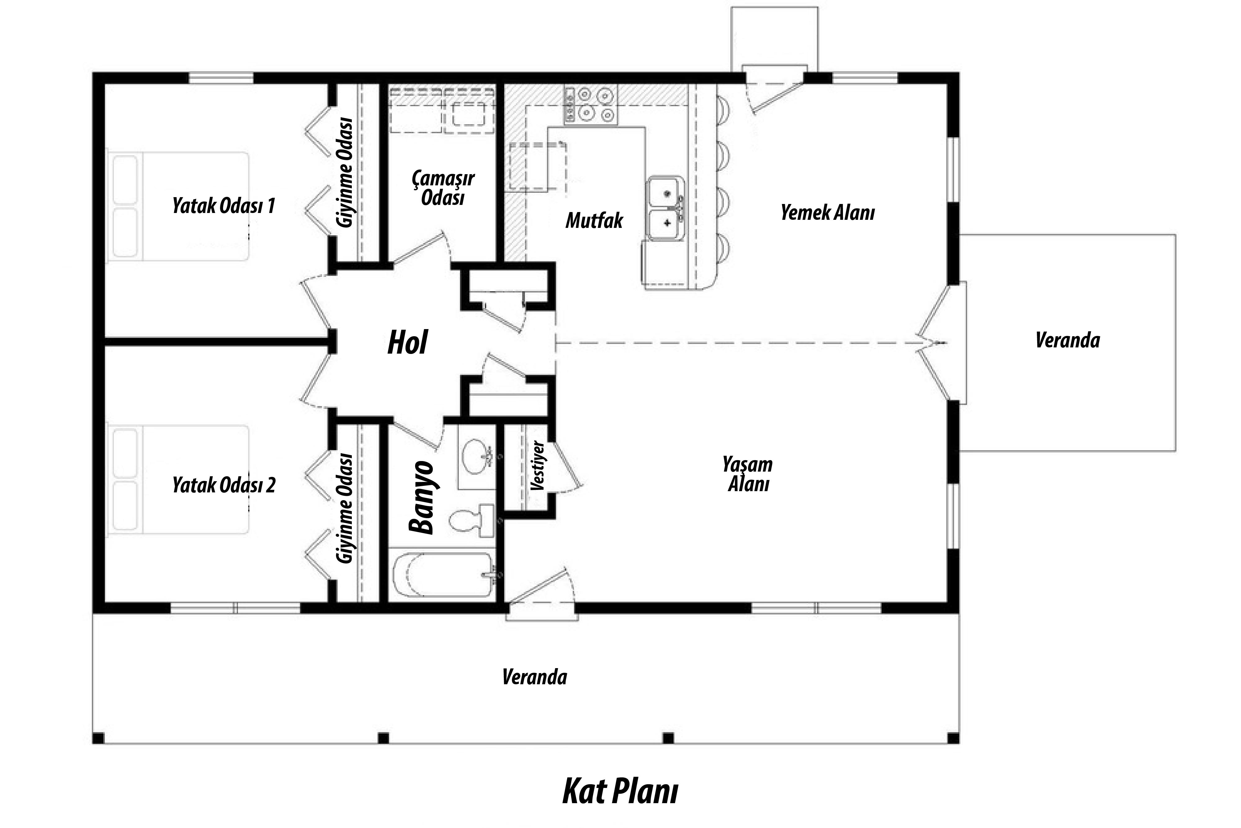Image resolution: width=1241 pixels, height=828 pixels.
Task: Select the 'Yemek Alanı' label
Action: click(x=828, y=213)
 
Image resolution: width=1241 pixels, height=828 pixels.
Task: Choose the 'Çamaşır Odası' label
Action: click(x=443, y=188)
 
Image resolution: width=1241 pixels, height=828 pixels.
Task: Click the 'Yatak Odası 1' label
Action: click(x=224, y=206)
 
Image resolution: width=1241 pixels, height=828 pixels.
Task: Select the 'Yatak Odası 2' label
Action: click(x=224, y=485)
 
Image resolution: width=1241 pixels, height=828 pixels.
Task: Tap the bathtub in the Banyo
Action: click(x=444, y=575)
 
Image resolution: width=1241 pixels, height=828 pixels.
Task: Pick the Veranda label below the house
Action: click(x=535, y=677)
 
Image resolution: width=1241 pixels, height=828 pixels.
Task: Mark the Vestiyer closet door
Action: click(x=566, y=465)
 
